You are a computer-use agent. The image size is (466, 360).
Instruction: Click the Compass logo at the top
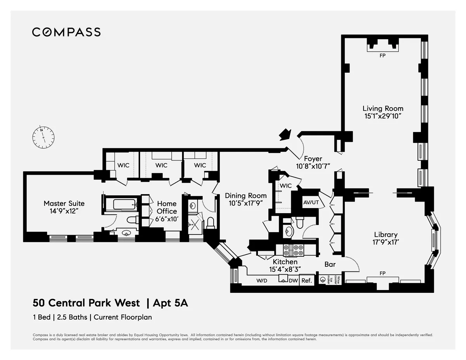pyautogui.click(x=66, y=32)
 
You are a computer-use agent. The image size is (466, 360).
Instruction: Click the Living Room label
pyautogui.click(x=383, y=109)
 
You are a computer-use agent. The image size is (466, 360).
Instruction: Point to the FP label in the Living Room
pyautogui.click(x=383, y=56)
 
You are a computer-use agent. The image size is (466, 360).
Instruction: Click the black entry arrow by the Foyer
pyautogui.click(x=286, y=134)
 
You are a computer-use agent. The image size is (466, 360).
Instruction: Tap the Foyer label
pyautogui.click(x=313, y=159)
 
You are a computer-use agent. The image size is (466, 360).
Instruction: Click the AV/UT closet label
pyautogui.click(x=311, y=202)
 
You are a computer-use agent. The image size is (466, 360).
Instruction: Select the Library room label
pyautogui.click(x=386, y=235)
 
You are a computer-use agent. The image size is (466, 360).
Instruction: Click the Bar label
pyautogui.click(x=330, y=264)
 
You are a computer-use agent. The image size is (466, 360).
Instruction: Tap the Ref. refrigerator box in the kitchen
pyautogui.click(x=306, y=280)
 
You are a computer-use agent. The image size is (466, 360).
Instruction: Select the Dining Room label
pyautogui.click(x=246, y=196)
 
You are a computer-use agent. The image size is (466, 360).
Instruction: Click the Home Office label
pyautogui.click(x=167, y=207)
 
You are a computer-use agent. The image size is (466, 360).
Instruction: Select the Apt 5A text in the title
pyautogui.click(x=170, y=303)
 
